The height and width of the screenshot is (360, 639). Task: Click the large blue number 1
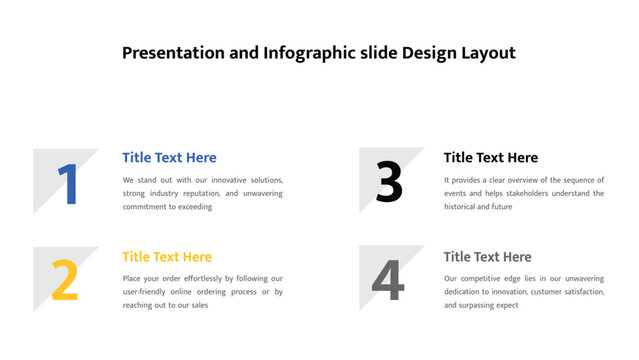[68, 185]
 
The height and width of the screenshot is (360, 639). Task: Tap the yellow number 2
[64, 281]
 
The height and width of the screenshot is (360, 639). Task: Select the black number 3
[389, 184]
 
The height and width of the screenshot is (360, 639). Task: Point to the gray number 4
[388, 281]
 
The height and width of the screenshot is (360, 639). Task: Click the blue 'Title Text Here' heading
[169, 157]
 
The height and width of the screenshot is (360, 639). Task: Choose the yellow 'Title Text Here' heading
[167, 257]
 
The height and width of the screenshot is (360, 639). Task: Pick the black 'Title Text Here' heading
[490, 157]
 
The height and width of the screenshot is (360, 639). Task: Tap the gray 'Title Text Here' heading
[487, 257]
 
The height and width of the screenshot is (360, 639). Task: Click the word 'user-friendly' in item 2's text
[147, 292]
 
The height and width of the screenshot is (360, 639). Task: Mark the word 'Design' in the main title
[426, 53]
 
